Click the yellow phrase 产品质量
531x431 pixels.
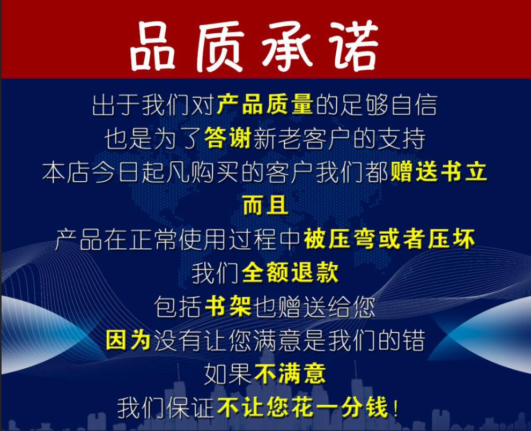(265, 105)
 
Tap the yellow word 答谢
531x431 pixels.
(227, 138)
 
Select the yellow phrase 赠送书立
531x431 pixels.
(439, 172)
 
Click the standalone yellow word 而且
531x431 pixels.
(265, 205)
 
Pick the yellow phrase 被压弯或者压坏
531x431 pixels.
(389, 239)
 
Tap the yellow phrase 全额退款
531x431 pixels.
(290, 272)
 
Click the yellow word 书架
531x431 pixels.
(228, 307)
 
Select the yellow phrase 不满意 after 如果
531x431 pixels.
(290, 374)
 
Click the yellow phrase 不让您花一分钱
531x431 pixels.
(302, 407)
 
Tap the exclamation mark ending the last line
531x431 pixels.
(395, 408)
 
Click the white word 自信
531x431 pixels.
(414, 105)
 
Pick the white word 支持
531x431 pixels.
(401, 138)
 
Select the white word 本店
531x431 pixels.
(65, 172)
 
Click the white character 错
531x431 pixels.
(414, 340)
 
